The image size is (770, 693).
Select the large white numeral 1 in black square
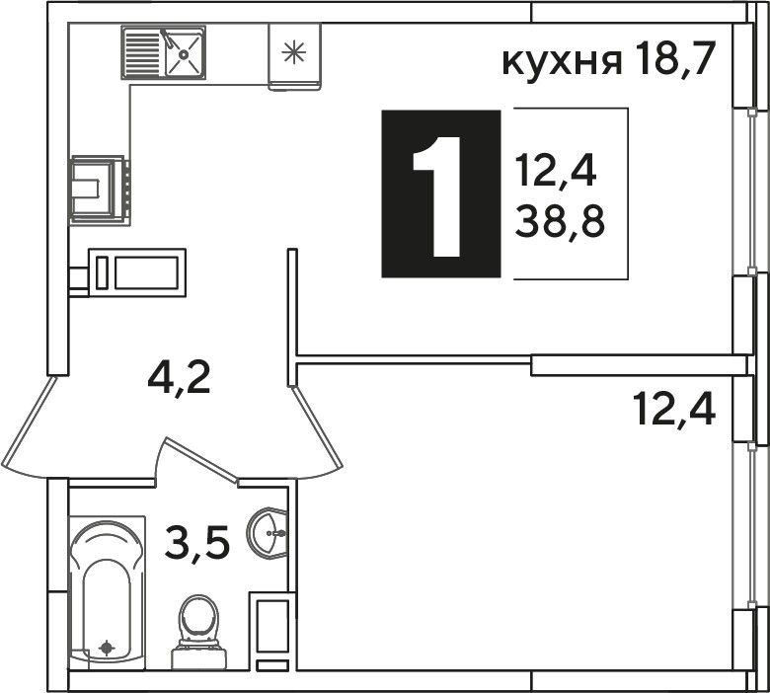pyautogui.click(x=437, y=197)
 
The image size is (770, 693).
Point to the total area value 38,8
pyautogui.click(x=560, y=221)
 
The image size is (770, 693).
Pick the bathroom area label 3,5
pyautogui.click(x=197, y=543)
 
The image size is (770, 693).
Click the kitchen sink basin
pyautogui.click(x=185, y=53)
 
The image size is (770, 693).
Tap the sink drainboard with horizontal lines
pyautogui.click(x=141, y=53)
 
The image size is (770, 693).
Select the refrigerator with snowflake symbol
pyautogui.click(x=294, y=56)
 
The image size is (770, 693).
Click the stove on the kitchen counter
pyautogui.click(x=100, y=191)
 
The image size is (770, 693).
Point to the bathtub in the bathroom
pyautogui.click(x=107, y=593)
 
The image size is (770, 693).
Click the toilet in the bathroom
pyautogui.click(x=198, y=632)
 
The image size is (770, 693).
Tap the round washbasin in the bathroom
pyautogui.click(x=268, y=533)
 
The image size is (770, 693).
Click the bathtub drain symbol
pyautogui.click(x=106, y=649)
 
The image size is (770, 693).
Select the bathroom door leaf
pyautogui.click(x=200, y=458)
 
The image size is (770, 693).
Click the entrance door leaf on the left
pyautogui.click(x=28, y=421)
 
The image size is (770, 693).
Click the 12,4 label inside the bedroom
pyautogui.click(x=673, y=409)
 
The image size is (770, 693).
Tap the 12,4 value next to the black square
pyautogui.click(x=556, y=170)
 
